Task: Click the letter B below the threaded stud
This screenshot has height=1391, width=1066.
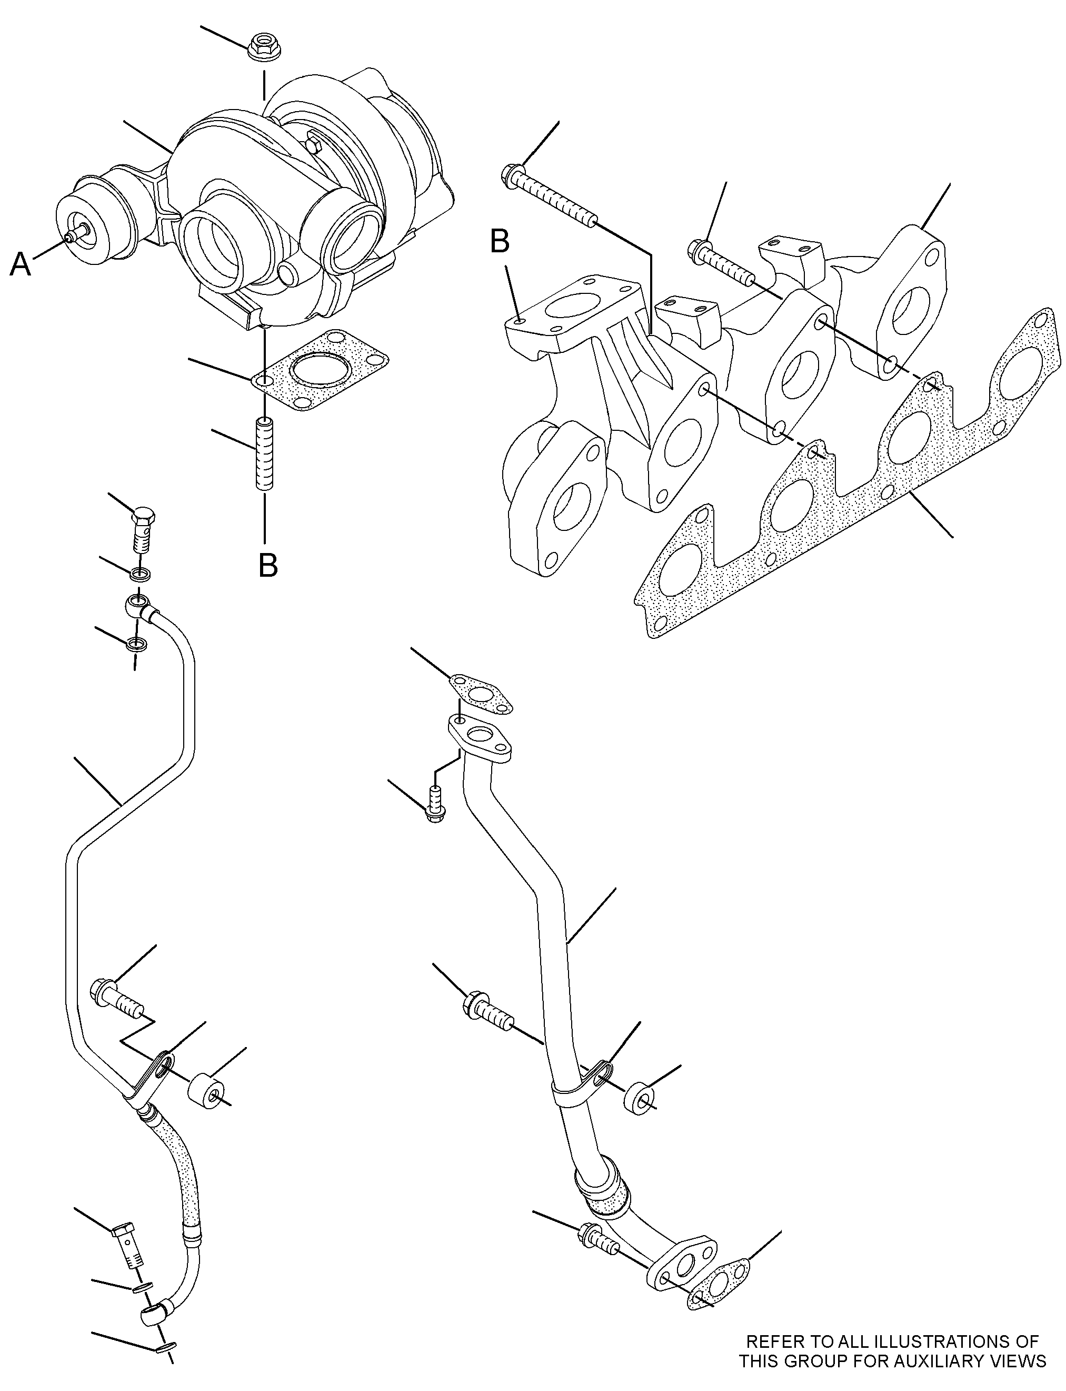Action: (268, 565)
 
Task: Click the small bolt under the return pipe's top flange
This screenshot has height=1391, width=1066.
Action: (436, 804)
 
